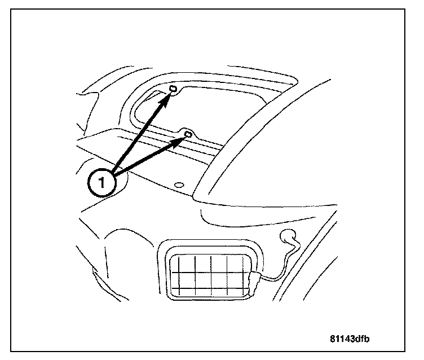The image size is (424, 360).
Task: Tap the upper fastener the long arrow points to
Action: pyautogui.click(x=174, y=90)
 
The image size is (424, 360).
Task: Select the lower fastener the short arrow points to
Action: pyautogui.click(x=188, y=134)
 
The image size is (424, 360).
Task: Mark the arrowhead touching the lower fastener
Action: pyautogui.click(x=179, y=139)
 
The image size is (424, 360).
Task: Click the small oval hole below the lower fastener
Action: pyautogui.click(x=179, y=185)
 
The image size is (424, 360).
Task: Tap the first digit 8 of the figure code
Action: pyautogui.click(x=333, y=339)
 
